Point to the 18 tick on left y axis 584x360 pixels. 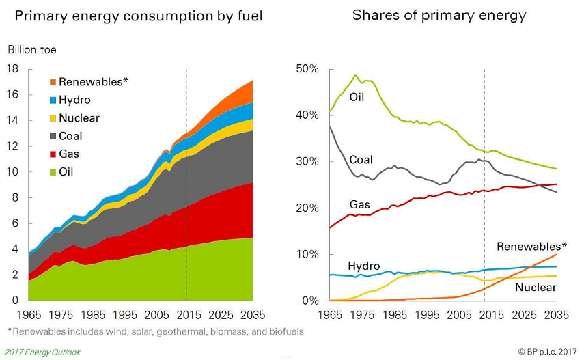pyautogui.click(x=12, y=68)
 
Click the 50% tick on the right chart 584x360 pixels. pyautogui.click(x=306, y=69)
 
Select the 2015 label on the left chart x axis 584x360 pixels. pyautogui.click(x=186, y=316)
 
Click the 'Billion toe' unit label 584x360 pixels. pyautogui.click(x=31, y=49)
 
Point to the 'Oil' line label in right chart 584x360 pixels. pyautogui.click(x=357, y=97)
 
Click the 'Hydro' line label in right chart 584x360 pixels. pyautogui.click(x=363, y=266)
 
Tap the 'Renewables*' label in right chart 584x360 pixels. pyautogui.click(x=531, y=247)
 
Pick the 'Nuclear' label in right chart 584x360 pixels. pyautogui.click(x=536, y=288)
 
